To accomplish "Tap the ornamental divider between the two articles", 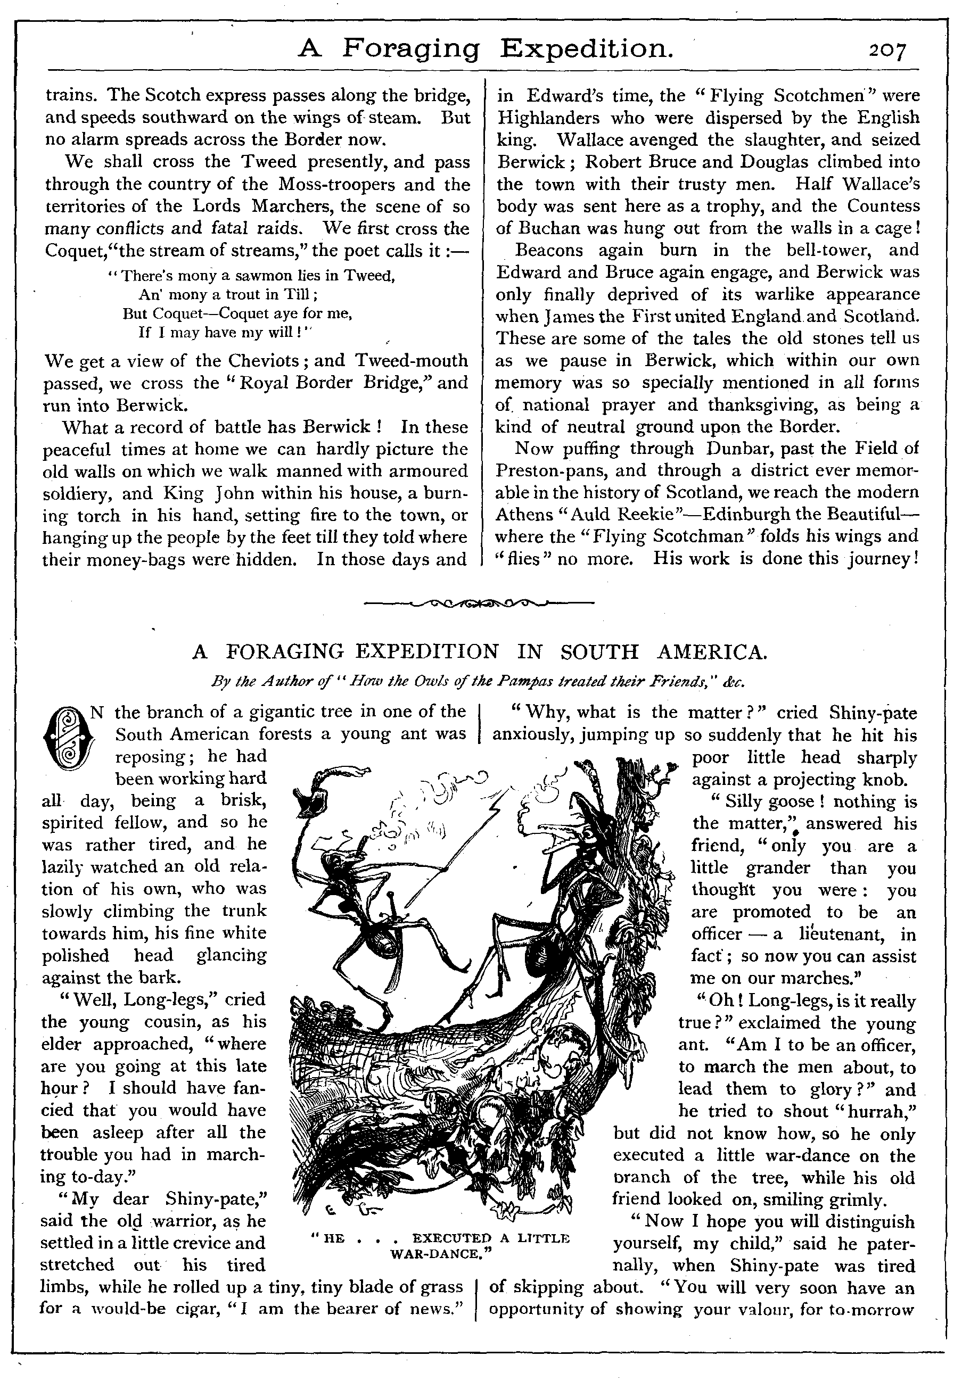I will [480, 602].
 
